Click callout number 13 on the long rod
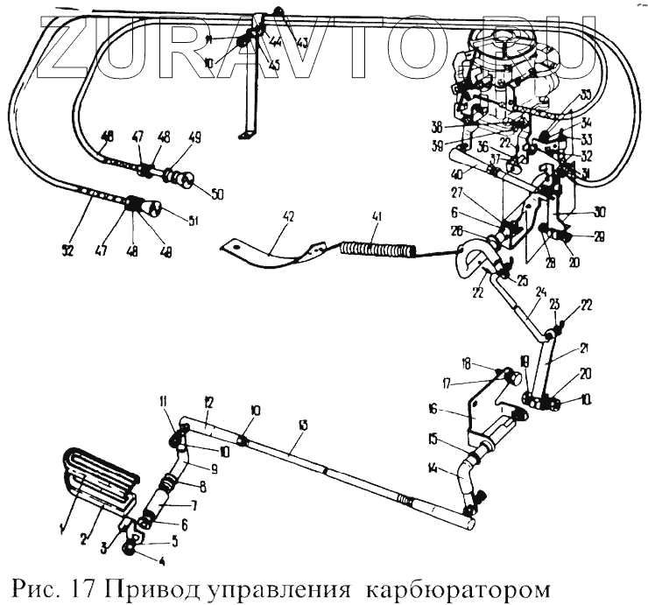(x=303, y=426)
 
